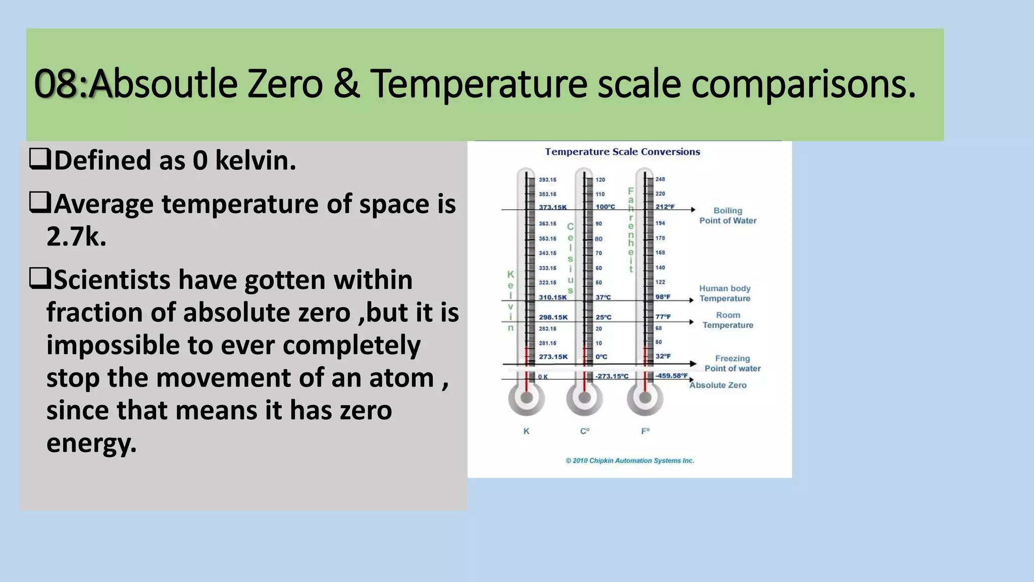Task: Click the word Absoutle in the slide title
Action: pos(163,84)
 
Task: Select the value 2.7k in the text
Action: pos(76,236)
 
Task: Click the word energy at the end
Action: pos(91,443)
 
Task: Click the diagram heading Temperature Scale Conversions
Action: pos(622,152)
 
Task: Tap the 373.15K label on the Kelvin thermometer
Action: pos(552,207)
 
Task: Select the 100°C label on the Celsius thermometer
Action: pos(605,207)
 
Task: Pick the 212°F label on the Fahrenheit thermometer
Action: pos(664,207)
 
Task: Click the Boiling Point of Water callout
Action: pos(728,215)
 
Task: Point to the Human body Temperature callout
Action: pos(725,293)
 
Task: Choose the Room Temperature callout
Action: pos(728,320)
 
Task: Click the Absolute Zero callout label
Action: pos(717,385)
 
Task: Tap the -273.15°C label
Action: pos(611,376)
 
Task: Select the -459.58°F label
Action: pos(671,375)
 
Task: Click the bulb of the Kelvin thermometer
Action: pos(526,398)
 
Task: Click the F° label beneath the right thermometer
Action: pos(645,431)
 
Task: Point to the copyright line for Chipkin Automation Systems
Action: pos(630,460)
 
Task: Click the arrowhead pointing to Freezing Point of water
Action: pos(694,364)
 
